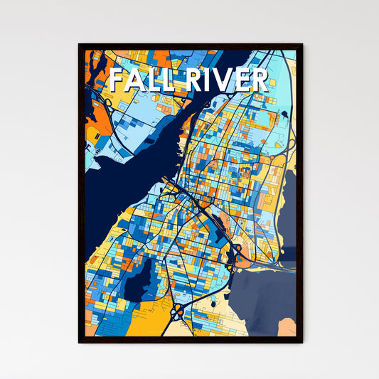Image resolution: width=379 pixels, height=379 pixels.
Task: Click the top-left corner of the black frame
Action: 79,45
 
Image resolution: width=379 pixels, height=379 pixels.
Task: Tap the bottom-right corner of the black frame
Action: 301,342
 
